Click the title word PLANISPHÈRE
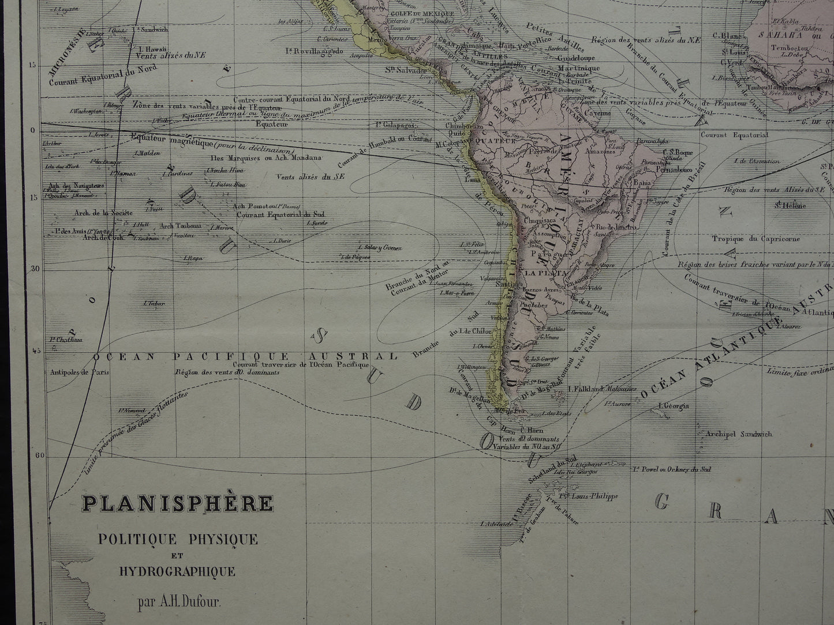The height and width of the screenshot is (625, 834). [177, 503]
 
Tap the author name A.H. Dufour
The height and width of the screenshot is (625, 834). [179, 605]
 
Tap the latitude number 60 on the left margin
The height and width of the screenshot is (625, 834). [34, 455]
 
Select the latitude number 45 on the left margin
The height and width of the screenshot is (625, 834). [34, 350]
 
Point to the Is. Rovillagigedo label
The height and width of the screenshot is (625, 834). [314, 51]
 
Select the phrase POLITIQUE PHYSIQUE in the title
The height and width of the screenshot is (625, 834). [177, 540]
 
